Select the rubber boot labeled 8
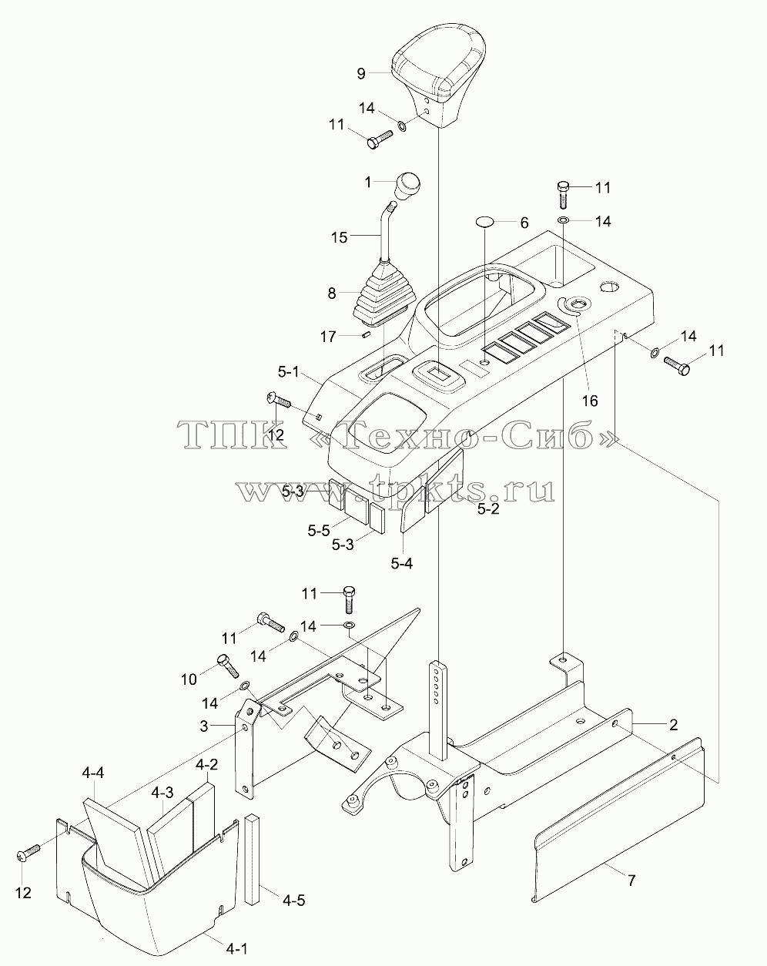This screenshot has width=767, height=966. point(384,293)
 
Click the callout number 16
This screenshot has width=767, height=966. point(590,401)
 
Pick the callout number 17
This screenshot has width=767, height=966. point(328,336)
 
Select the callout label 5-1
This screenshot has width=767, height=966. point(289,371)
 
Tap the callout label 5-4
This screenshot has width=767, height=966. point(402,563)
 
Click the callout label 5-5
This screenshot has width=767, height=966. point(319,531)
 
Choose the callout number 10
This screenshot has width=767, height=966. point(189,680)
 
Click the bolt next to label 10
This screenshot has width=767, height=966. point(228,666)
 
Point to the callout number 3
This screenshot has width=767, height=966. point(204,726)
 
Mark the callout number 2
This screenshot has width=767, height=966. point(673,724)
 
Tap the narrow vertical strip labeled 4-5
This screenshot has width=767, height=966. point(253,857)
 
